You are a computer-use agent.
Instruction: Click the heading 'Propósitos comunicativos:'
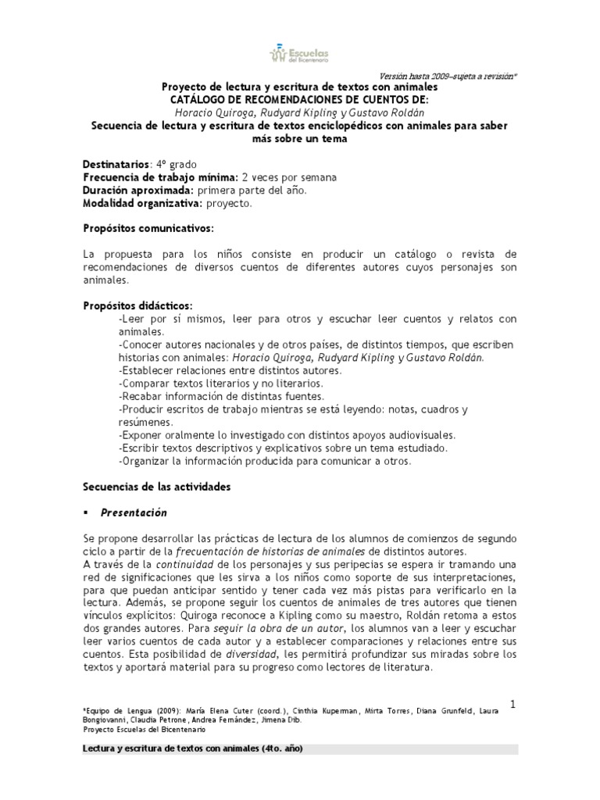(148, 228)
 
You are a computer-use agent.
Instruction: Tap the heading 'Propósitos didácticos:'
(137, 305)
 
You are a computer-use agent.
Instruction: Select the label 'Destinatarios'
(115, 165)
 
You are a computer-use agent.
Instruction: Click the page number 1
(512, 704)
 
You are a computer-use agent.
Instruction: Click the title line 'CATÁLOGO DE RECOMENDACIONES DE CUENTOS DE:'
(300, 99)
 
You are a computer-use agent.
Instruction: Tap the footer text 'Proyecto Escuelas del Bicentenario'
(144, 729)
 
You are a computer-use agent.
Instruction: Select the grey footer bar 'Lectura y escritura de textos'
(300, 749)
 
